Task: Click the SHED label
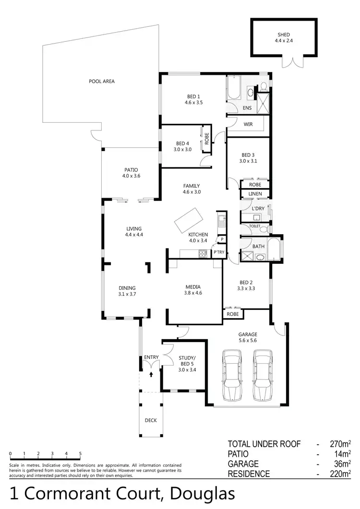tap(284, 35)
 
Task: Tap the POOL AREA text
tap(102, 81)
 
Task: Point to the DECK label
tap(151, 420)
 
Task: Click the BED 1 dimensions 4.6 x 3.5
tap(194, 102)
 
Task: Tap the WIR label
tap(248, 124)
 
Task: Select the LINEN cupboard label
tap(255, 193)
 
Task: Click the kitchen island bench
tap(188, 220)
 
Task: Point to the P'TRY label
tap(219, 252)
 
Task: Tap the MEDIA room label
tap(193, 287)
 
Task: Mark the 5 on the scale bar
tap(80, 453)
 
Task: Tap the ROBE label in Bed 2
tap(233, 314)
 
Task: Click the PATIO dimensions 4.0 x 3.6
tap(131, 176)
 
